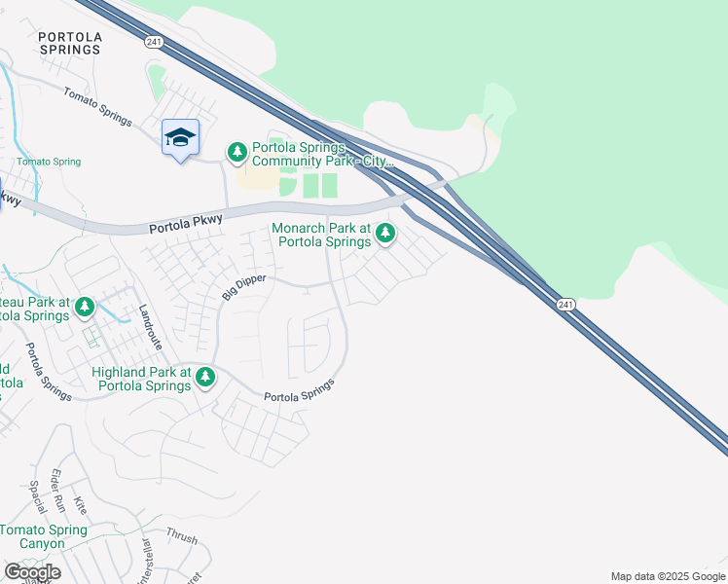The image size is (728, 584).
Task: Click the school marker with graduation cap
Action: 180,138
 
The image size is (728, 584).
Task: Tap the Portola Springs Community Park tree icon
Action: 237,153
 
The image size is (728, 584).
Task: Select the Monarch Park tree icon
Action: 386,233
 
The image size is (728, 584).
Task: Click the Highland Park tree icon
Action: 204,377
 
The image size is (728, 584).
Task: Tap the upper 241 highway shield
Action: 153,42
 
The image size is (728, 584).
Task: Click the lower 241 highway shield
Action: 565,305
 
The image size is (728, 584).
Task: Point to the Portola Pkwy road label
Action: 186,224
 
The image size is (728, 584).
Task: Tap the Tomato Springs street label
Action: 97,107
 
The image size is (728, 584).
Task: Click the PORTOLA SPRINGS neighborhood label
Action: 69,42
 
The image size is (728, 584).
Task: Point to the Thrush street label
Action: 181,535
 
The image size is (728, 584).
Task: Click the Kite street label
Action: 81,505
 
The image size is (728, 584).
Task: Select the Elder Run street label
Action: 57,486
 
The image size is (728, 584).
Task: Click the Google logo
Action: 31,572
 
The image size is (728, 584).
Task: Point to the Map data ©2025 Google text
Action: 668,576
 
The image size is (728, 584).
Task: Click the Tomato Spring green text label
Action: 49,162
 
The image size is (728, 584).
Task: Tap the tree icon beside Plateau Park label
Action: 85,309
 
